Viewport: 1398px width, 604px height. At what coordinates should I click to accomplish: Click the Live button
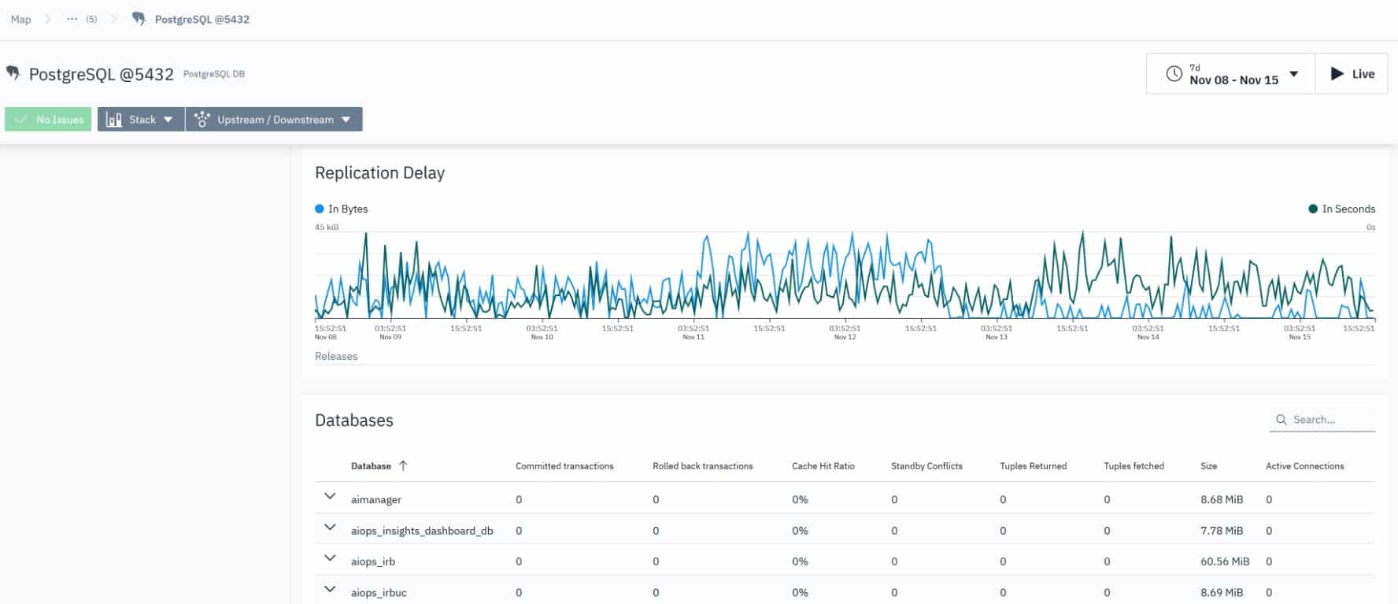[1352, 74]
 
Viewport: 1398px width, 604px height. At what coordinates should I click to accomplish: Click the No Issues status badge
[49, 120]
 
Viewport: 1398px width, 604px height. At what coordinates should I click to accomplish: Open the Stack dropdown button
[141, 120]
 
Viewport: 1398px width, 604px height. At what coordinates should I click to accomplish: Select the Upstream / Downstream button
[274, 120]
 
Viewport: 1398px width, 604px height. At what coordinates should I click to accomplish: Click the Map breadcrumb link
[21, 20]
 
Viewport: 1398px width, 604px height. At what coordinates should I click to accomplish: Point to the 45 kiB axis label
[327, 227]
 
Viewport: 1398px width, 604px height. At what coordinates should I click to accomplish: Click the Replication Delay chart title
[379, 172]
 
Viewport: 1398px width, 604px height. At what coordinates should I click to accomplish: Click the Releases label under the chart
[336, 356]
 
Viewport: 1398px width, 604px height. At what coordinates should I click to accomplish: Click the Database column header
[371, 466]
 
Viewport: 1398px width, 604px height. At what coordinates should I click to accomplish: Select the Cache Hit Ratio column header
[823, 466]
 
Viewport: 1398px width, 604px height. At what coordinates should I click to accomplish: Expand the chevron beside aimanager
[330, 497]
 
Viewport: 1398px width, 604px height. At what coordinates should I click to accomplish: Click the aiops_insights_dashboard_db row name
[422, 531]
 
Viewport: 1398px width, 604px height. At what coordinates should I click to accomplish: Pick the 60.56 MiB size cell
[1225, 561]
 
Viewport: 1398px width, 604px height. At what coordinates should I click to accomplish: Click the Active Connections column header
[1304, 466]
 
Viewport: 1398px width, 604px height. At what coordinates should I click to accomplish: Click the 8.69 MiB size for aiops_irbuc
[1222, 592]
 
